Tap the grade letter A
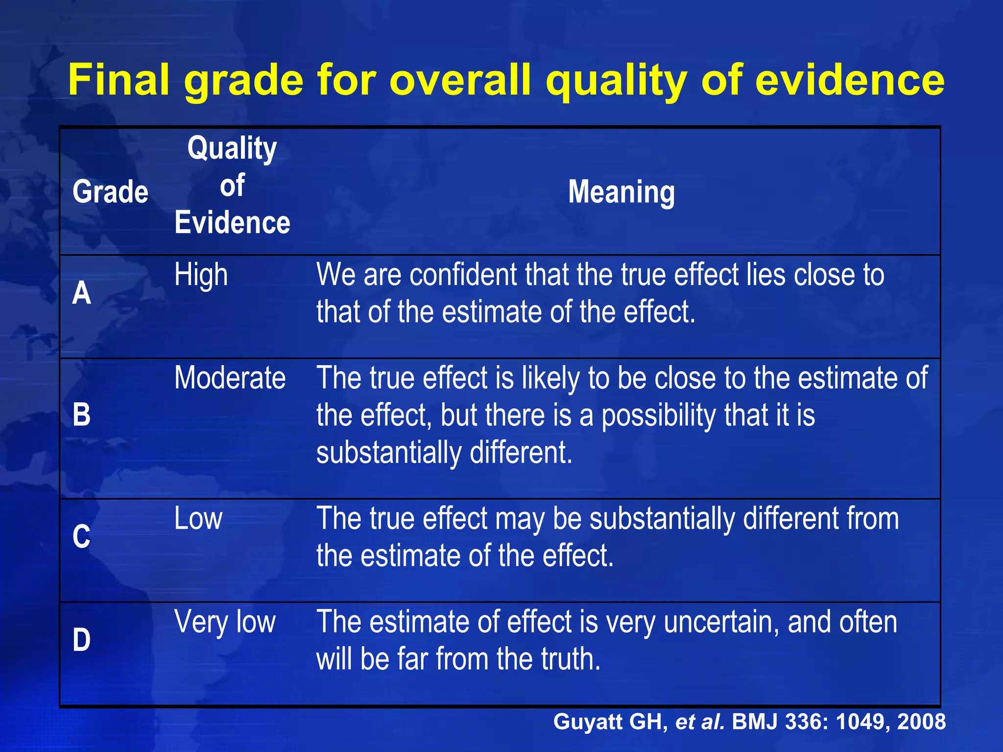(82, 293)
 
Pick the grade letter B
(82, 414)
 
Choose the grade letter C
(82, 536)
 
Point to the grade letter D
(82, 639)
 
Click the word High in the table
(201, 275)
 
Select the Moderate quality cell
(230, 378)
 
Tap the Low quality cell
(198, 518)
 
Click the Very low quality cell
(225, 622)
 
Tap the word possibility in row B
(658, 416)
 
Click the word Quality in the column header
(232, 148)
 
